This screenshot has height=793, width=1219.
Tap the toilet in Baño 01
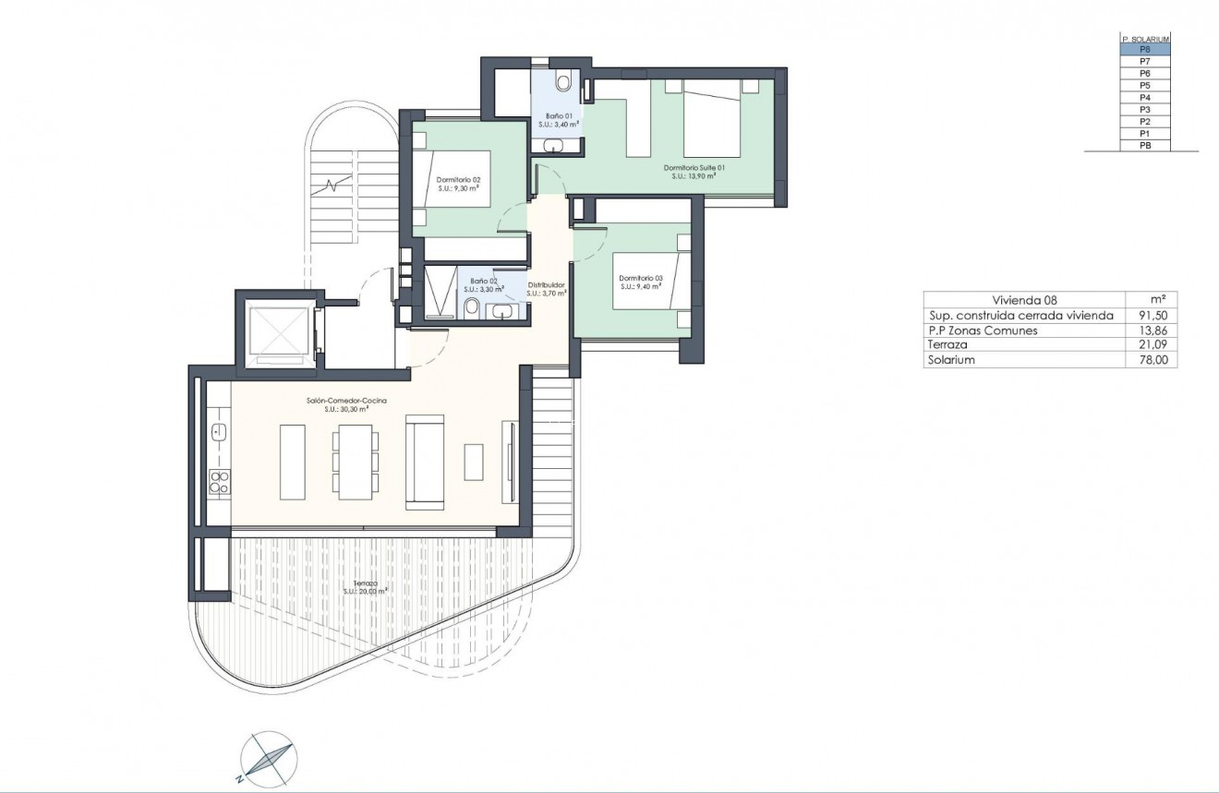click(563, 82)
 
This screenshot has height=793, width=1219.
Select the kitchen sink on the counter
click(220, 431)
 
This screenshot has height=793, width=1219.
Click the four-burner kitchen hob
click(220, 481)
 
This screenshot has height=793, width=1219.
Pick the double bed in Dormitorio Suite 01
click(712, 117)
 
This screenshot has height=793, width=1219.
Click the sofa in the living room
click(426, 461)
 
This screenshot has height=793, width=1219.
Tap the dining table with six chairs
click(356, 462)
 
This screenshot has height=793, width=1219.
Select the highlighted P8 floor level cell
click(1144, 50)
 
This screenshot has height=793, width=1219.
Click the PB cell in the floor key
click(1144, 146)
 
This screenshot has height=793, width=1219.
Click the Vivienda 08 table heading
click(1023, 300)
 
